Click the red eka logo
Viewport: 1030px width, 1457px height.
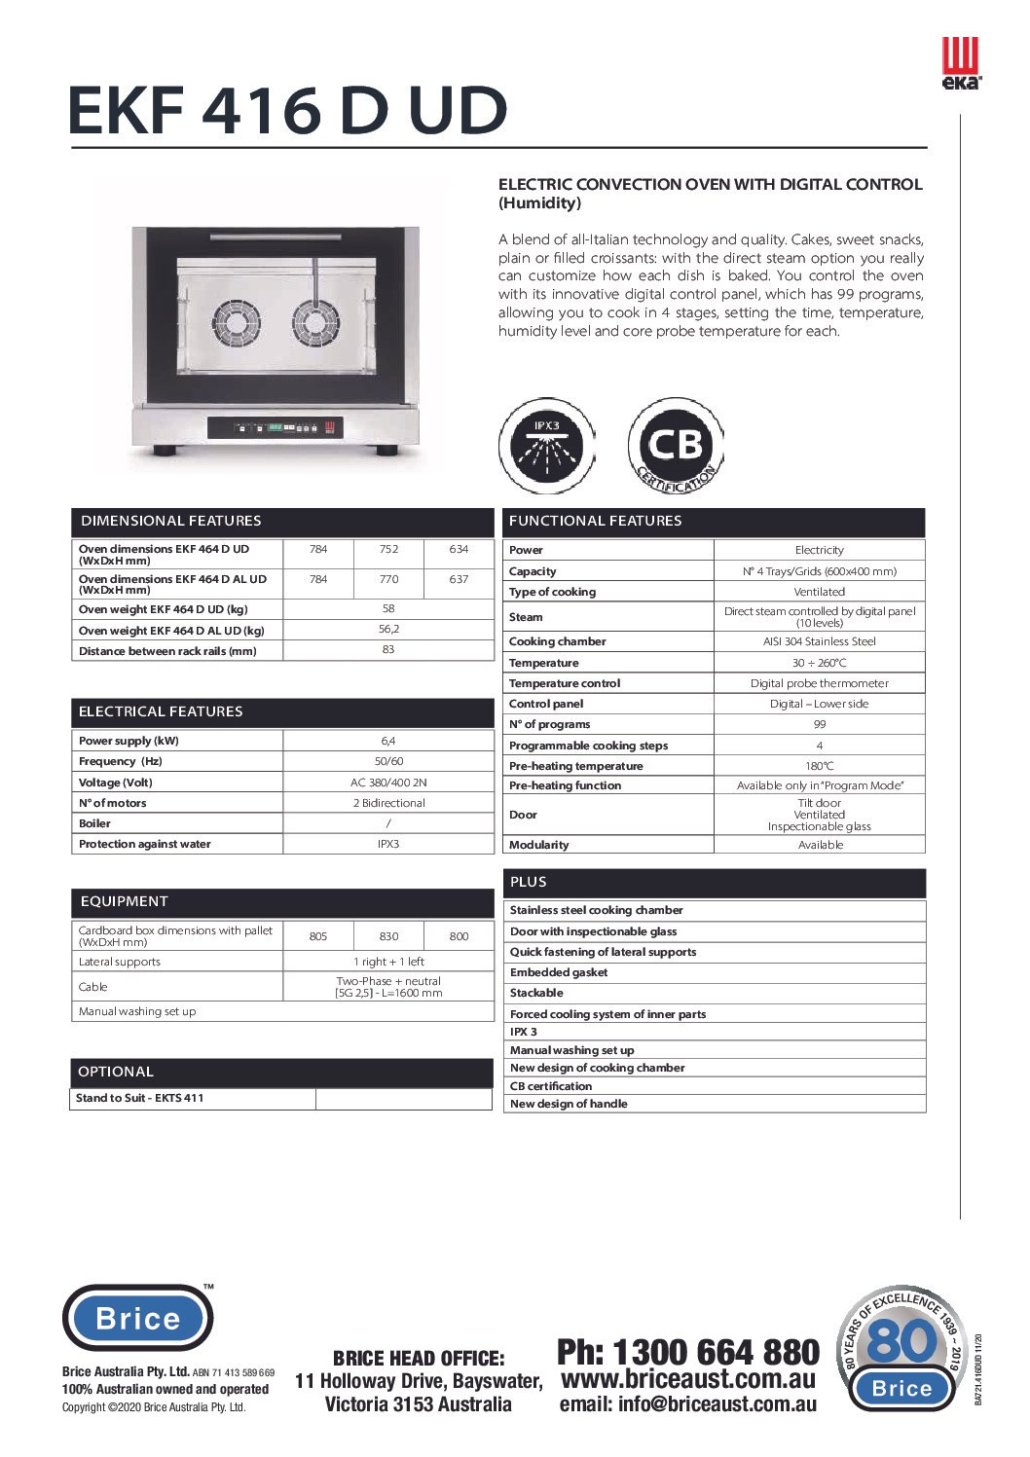(x=961, y=64)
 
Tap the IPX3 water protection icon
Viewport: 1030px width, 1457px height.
(x=546, y=446)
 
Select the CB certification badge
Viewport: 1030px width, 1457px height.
(x=676, y=446)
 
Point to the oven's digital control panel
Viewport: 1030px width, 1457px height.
(x=275, y=427)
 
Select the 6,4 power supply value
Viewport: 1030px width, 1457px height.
(x=388, y=741)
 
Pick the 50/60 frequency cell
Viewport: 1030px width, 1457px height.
(x=388, y=761)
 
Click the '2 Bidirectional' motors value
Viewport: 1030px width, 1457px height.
(x=388, y=803)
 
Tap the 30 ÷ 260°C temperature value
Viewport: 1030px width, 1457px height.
(x=819, y=663)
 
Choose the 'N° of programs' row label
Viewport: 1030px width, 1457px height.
(x=550, y=724)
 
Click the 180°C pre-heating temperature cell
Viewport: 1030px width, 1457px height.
(x=819, y=766)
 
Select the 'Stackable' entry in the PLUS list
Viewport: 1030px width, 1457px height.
(x=536, y=993)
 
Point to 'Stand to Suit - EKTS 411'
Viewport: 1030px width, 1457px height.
(x=140, y=1098)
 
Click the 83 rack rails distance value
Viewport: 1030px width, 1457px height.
(x=388, y=650)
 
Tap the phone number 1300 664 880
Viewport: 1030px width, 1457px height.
(x=688, y=1352)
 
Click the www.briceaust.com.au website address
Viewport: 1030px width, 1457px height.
(x=688, y=1379)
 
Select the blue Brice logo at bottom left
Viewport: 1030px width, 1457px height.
(x=138, y=1319)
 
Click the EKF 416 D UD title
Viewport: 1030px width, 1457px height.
(x=288, y=111)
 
